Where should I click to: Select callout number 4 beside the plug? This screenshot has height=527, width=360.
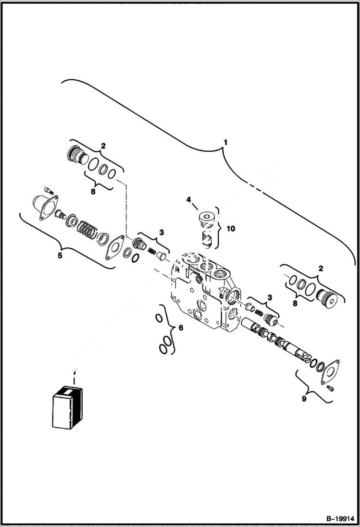(x=189, y=199)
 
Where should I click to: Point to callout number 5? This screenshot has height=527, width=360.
(x=60, y=256)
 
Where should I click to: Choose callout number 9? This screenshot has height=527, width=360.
(x=303, y=398)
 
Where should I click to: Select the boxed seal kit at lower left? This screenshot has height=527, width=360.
(x=67, y=407)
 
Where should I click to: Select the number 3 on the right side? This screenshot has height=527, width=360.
(x=269, y=297)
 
